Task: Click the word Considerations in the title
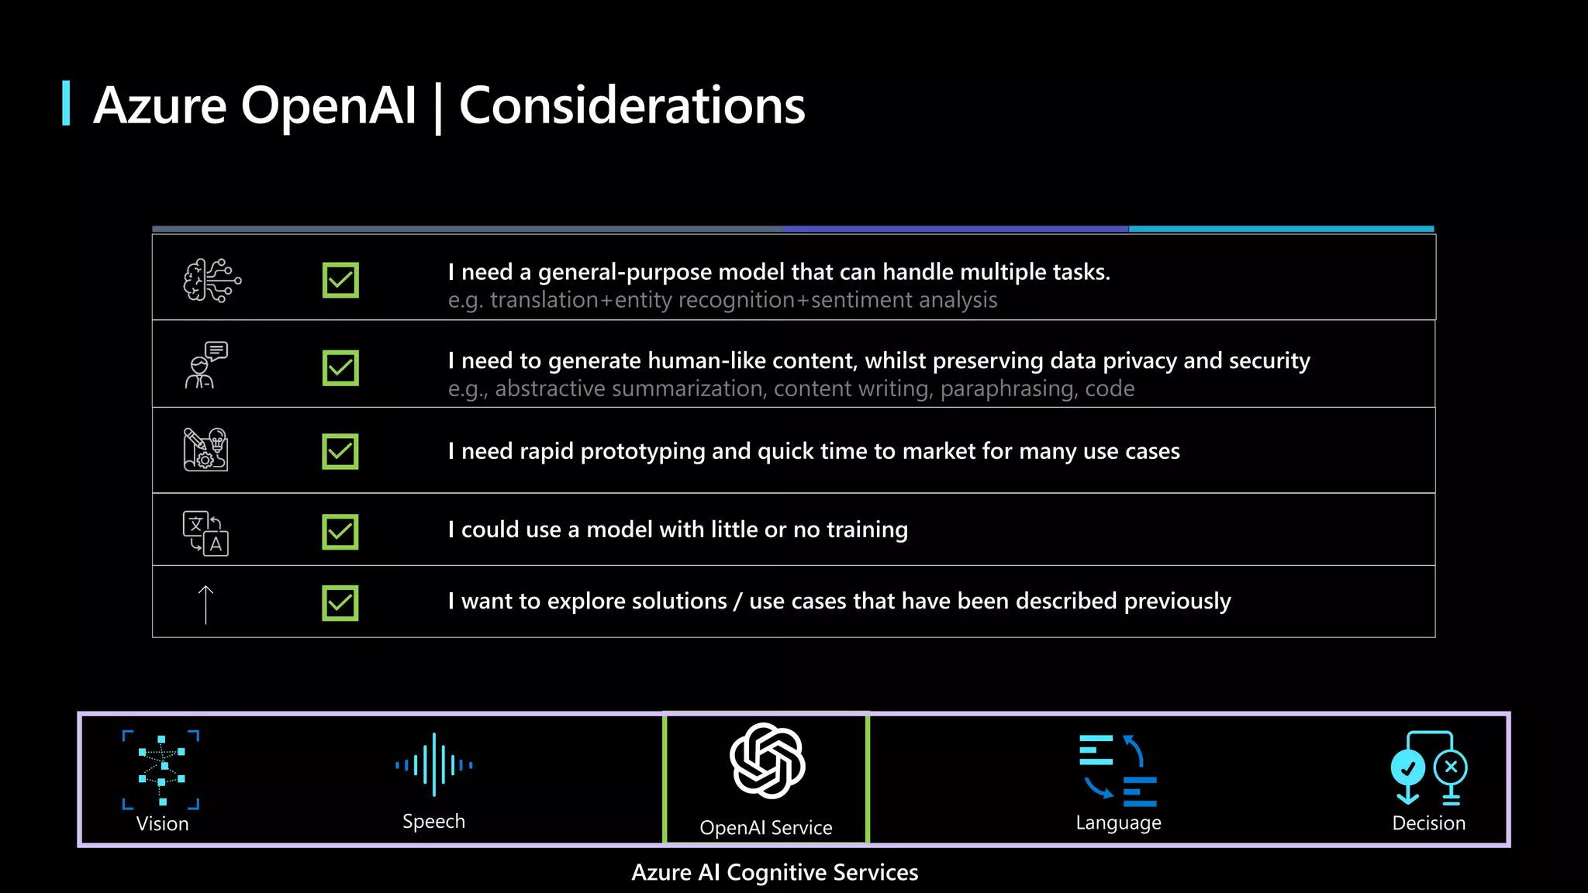click(632, 105)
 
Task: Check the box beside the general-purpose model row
click(340, 280)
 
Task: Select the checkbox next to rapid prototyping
click(340, 451)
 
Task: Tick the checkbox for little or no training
click(340, 532)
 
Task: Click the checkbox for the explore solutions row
click(340, 603)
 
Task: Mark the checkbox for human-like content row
click(340, 368)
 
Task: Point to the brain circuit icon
click(212, 280)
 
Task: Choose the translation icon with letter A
click(205, 533)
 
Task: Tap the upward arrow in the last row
click(205, 604)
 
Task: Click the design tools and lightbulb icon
click(205, 450)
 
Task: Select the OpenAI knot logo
click(767, 760)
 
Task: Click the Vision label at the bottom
click(162, 823)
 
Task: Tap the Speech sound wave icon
click(433, 764)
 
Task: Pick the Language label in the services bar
click(1118, 822)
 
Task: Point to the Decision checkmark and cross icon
click(1428, 767)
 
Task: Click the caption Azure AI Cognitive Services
click(775, 872)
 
